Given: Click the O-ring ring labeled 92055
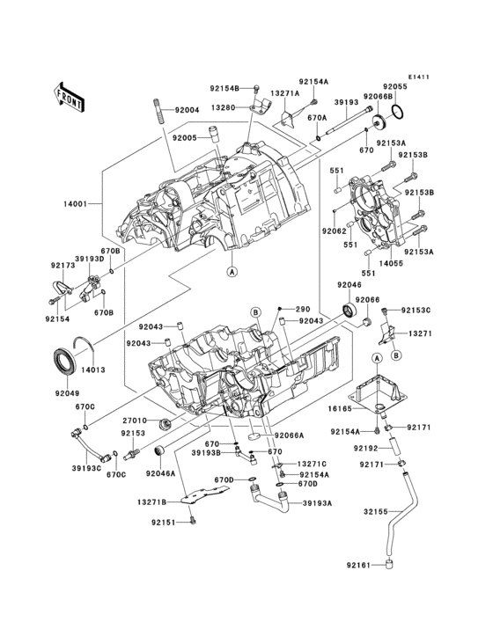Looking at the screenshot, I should pos(397,113).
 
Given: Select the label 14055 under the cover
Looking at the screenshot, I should pos(390,262).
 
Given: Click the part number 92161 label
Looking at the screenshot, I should pos(359,564).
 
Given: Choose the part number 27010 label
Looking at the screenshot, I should pos(134,421).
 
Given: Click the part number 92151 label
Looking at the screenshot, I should pos(165,523).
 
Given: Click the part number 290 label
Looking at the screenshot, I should pos(303,309).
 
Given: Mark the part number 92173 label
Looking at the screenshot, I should pos(62,264).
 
